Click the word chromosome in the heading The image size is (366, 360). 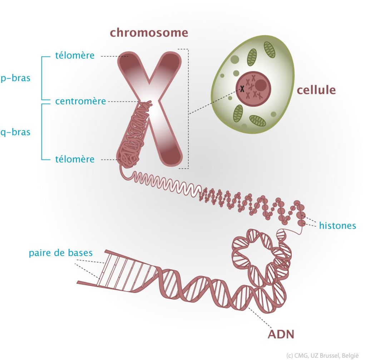tap(149, 33)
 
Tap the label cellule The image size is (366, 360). tap(316, 90)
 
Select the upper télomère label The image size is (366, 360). tap(75, 55)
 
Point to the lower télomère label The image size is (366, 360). tap(75, 159)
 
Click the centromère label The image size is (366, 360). tap(80, 101)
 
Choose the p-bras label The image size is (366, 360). tap(15, 78)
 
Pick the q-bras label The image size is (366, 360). tap(15, 132)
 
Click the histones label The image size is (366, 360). tap(337, 226)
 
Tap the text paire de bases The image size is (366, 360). tap(61, 253)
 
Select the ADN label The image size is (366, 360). tap(281, 334)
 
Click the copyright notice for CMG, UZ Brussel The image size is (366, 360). tap(322, 355)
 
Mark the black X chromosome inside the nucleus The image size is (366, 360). tap(242, 88)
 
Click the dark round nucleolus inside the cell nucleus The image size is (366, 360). tap(261, 85)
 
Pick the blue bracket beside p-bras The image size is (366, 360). tap(42, 78)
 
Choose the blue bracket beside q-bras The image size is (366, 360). tap(42, 132)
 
